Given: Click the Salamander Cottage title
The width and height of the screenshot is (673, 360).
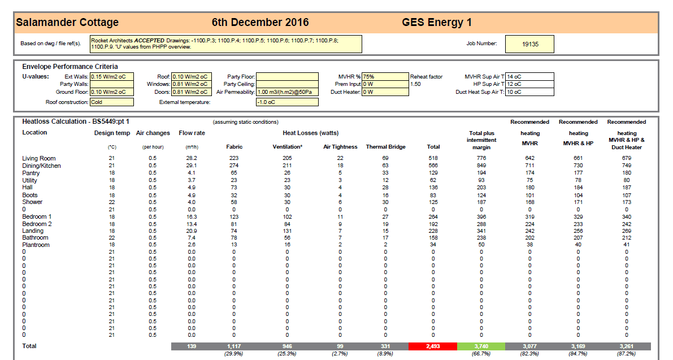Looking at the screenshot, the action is [67, 22].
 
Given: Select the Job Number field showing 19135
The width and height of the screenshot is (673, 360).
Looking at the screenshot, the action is [529, 44].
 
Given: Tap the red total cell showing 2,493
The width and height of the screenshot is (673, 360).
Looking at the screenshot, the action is [433, 346].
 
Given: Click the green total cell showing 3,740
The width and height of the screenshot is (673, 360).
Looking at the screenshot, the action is [481, 346].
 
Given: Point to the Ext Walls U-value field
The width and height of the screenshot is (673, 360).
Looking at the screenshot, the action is [111, 77].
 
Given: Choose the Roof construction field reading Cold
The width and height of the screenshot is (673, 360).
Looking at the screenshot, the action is [111, 102].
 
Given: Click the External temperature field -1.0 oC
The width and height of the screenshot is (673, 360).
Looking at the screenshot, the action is [287, 102].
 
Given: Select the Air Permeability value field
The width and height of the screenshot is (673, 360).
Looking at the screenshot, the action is [287, 92].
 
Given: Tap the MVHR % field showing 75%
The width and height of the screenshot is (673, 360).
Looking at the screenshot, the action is [385, 77].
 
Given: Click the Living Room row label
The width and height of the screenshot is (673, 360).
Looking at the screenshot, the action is [39, 158].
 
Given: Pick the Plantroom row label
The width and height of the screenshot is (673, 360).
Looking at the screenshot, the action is [36, 245].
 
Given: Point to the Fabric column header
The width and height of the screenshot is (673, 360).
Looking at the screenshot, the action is [235, 147].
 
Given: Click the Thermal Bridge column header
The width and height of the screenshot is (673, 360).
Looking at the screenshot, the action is [385, 147].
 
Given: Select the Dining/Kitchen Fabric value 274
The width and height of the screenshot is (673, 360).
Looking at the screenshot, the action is [234, 166].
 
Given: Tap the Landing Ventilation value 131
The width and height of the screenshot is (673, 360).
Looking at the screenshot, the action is [287, 231].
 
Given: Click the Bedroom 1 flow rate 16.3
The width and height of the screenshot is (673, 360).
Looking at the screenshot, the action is [192, 216].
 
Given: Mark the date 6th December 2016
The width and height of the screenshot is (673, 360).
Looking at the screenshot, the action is [260, 22].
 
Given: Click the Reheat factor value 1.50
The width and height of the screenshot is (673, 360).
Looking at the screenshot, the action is [415, 84].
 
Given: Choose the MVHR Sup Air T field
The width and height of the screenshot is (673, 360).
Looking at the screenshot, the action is [529, 77].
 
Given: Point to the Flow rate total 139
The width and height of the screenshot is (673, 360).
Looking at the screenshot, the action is [192, 346].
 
